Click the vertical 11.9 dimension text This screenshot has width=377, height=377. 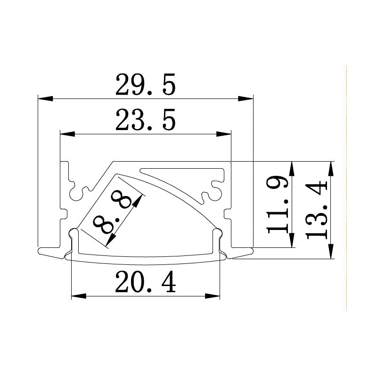278,205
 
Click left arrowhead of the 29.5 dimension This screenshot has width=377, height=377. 45,99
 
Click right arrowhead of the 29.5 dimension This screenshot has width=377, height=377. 246,99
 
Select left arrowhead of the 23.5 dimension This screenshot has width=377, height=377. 67,134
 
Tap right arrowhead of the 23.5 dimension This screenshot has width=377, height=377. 224,134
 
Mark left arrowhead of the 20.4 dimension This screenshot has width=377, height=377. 79,296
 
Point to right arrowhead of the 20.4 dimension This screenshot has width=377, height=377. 213,296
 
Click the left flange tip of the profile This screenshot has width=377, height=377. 41,251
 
